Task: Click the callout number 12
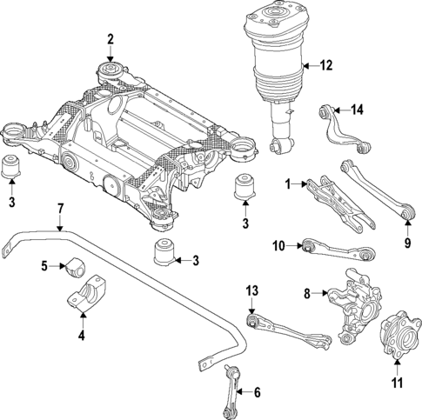pos(326,65)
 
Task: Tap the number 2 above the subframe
pos(111,38)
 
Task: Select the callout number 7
pos(61,209)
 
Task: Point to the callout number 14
pos(357,109)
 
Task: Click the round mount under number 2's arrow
pos(111,71)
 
